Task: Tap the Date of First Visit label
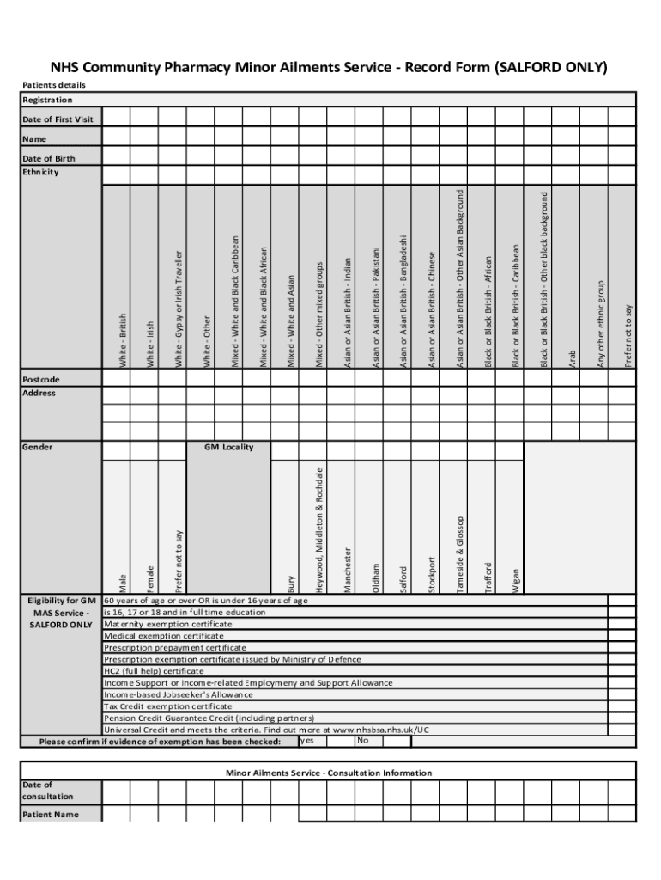58,119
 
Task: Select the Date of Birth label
48,158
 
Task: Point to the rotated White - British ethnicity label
124,341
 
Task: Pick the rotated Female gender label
152,578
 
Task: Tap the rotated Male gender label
124,584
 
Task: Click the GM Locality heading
229,447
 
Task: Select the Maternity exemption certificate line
168,624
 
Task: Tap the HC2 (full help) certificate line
155,671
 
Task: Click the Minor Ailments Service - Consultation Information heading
329,773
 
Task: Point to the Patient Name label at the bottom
51,814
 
